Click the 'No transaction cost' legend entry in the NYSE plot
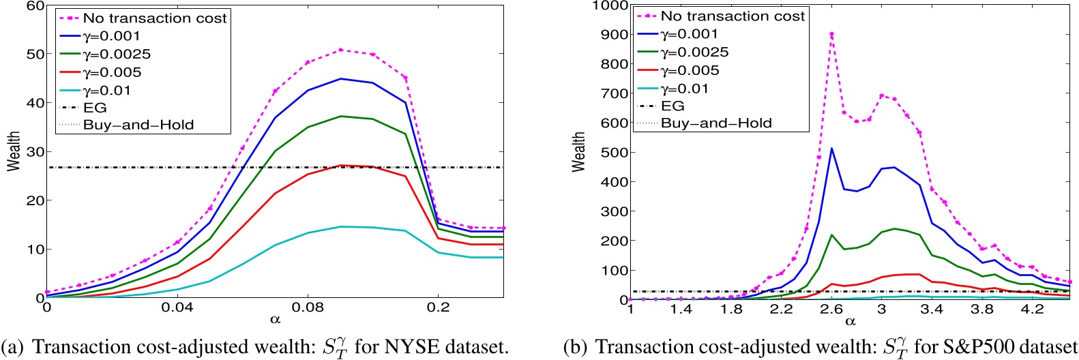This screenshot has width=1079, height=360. pos(154,18)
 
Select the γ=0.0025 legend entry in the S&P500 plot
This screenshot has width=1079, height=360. pos(694,52)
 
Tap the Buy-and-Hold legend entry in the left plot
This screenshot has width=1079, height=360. pos(138,125)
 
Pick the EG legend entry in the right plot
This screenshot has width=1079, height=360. pos(672,106)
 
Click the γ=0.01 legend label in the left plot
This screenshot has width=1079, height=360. pos(106,91)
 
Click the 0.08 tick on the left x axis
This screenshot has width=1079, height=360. pos(308,307)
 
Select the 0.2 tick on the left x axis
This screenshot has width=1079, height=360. pos(439,307)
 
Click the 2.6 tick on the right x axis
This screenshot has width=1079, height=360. pos(831,309)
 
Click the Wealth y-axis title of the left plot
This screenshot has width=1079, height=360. pos(14,151)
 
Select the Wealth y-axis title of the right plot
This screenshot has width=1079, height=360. pos(579,151)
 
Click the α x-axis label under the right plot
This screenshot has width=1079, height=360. pos(850,320)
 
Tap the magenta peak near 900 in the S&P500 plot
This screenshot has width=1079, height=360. pos(831,33)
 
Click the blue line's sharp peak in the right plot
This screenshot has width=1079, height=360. pos(831,148)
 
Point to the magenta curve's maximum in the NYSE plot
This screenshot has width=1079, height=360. pos(340,50)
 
